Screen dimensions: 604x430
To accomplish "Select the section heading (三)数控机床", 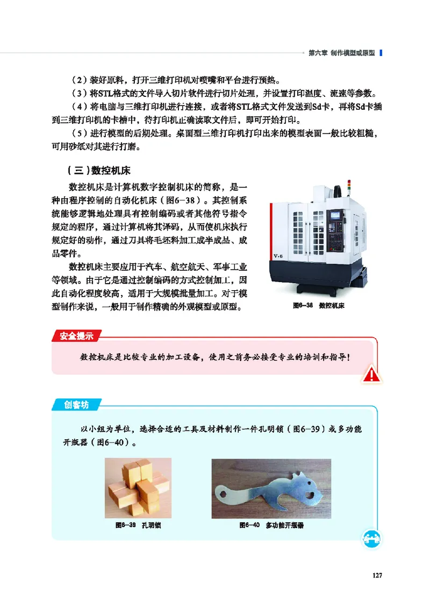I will [x=99, y=171].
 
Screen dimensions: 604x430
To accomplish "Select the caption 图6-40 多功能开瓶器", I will [x=271, y=525].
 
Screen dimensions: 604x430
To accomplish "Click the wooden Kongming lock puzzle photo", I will [x=138, y=488].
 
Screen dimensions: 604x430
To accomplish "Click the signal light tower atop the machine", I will [x=350, y=186].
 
